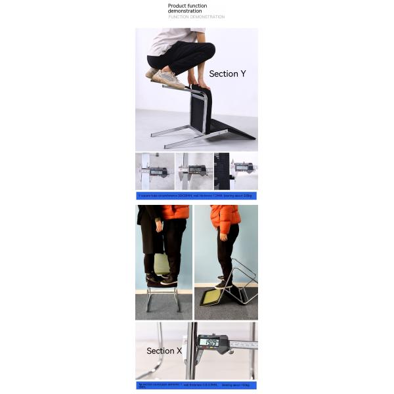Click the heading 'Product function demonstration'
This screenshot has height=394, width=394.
click(187, 9)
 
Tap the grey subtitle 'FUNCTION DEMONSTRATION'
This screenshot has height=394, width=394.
click(196, 17)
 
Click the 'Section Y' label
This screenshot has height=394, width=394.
click(227, 74)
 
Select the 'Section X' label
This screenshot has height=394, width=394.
click(164, 351)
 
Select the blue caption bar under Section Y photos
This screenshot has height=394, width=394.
click(196, 196)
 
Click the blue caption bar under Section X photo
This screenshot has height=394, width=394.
click(196, 385)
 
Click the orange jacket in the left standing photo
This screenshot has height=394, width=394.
click(176, 211)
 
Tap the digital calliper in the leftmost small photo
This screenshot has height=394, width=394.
click(157, 171)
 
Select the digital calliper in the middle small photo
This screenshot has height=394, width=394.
click(196, 170)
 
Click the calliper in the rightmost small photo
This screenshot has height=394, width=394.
click(242, 167)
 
